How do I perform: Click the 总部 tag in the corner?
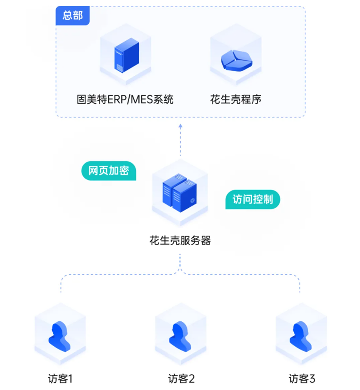[72, 16]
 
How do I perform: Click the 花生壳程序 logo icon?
[236, 61]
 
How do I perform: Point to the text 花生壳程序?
[236, 100]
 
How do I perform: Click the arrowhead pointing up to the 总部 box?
[180, 126]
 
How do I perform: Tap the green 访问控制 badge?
[252, 199]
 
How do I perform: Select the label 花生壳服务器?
[180, 241]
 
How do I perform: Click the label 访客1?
[60, 379]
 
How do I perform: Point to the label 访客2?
[181, 379]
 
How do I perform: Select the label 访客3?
[301, 379]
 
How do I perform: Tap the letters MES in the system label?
[144, 100]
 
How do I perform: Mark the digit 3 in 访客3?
[312, 379]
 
